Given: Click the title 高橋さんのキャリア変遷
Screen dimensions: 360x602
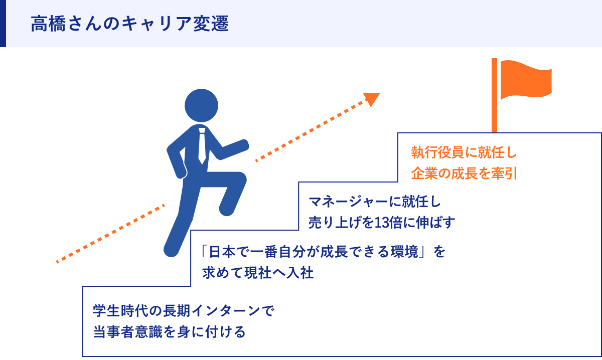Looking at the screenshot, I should [129, 24].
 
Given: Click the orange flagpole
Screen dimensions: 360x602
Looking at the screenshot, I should [494, 100].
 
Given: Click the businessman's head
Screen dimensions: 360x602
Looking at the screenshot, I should [201, 106].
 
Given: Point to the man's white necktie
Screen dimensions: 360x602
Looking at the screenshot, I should [202, 145].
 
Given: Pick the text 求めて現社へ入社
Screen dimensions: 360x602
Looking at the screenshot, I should [258, 273].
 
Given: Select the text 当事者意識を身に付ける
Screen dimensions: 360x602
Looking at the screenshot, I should [169, 332].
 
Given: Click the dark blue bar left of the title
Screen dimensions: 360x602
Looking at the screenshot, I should [3, 24].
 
